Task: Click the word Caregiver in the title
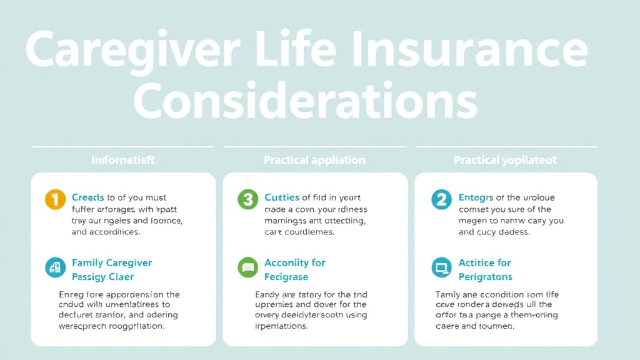127,51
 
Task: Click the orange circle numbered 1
55,200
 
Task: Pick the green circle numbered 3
247,200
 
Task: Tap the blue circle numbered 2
441,200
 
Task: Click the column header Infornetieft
123,160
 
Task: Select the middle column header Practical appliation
314,160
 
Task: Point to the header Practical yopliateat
506,160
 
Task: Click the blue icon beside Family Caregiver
55,267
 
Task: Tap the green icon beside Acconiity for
247,267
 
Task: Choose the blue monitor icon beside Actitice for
441,267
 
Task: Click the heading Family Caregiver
112,262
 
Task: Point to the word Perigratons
485,276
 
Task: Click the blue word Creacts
88,197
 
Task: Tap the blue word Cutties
282,197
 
